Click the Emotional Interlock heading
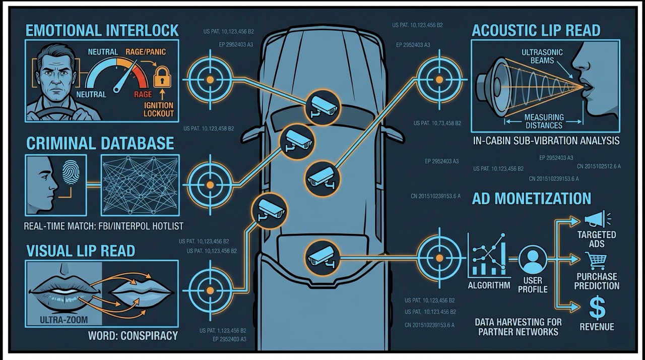pos(102,30)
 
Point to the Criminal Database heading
pos(100,143)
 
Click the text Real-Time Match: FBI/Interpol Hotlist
pos(104,226)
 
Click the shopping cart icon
pos(596,261)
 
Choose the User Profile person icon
pos(533,259)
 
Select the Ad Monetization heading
pos(532,198)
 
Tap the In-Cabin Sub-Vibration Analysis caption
pos(546,141)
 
